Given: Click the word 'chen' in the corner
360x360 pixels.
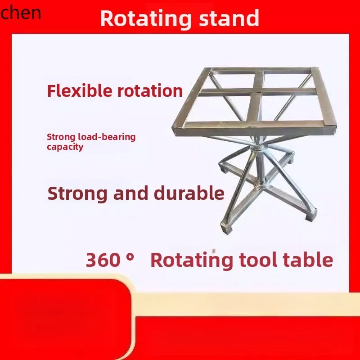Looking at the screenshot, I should [x=20, y=13].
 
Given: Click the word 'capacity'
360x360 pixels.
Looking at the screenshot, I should [x=65, y=147].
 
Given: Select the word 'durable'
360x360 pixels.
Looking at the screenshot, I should [x=189, y=193].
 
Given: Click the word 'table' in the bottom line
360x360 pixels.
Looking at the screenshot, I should [x=310, y=260].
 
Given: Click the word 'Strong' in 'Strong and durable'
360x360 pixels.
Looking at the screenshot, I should [x=73, y=193].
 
